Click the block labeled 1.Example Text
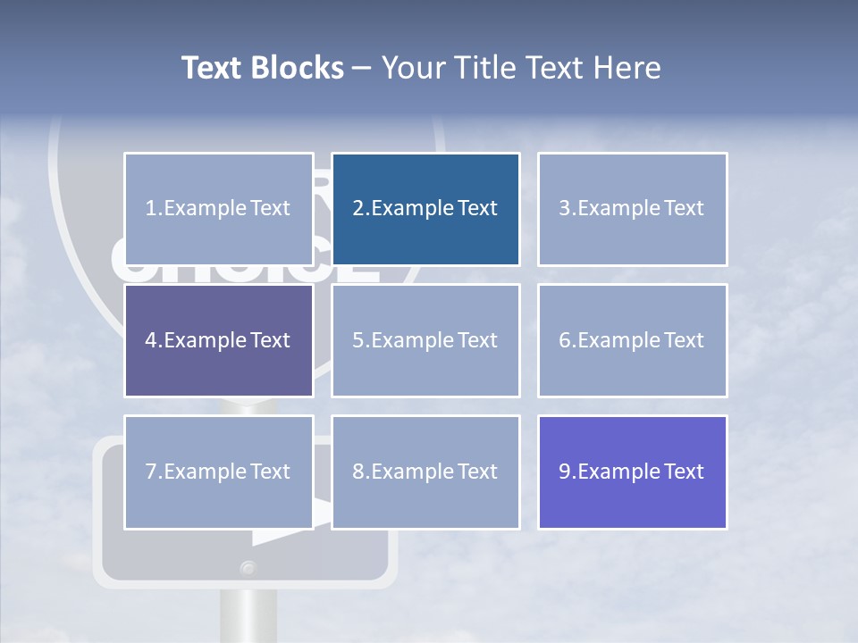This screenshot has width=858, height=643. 218,209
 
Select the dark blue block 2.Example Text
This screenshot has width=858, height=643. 425,209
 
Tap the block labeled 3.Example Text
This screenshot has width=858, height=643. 632,209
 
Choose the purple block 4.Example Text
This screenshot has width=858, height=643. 218,340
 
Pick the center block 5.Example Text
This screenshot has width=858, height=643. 425,340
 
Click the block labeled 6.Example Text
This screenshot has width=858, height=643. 632,340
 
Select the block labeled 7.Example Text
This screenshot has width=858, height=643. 218,472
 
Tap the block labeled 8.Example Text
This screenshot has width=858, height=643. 425,472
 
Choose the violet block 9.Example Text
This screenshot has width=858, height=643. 632,472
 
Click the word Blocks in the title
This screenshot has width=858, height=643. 299,68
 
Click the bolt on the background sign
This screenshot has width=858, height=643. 248,567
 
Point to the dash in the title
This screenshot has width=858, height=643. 362,68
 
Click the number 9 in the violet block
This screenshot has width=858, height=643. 564,472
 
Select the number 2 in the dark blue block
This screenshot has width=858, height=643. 357,209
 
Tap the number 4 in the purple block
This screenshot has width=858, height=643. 151,340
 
